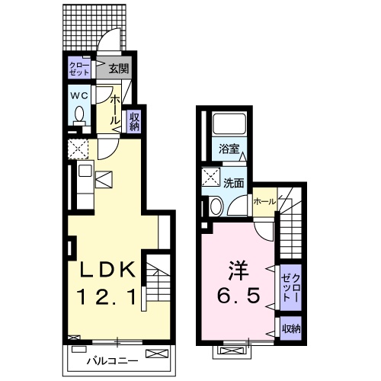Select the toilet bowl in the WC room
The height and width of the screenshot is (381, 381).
coord(78,115)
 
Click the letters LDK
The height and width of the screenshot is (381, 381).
coord(108,269)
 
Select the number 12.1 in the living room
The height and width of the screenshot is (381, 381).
coord(108,297)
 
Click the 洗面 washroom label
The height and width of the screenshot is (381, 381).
coord(233,183)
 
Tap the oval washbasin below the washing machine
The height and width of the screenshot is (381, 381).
coord(215,207)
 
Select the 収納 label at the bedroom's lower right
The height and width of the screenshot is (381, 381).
coord(290,329)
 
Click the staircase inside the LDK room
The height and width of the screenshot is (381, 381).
coord(155,286)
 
